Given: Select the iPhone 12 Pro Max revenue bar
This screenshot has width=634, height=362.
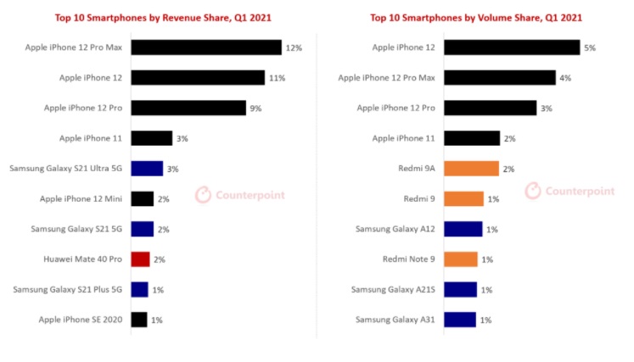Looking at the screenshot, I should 206,47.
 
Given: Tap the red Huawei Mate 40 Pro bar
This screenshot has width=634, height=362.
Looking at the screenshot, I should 141,259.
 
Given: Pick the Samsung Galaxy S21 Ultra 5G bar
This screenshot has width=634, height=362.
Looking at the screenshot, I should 147,169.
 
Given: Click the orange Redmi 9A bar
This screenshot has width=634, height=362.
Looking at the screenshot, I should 471,169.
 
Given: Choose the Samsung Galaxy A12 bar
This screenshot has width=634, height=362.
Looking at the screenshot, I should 463,229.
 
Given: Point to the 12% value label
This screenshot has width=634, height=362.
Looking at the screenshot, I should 294,47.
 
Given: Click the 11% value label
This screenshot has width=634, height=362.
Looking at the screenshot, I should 277,78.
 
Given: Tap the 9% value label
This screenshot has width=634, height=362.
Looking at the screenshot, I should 256,109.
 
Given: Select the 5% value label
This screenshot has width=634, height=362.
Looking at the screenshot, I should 589,47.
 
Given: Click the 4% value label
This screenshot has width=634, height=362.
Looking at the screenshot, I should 564,78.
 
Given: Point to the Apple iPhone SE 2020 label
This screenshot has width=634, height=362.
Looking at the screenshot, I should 81,320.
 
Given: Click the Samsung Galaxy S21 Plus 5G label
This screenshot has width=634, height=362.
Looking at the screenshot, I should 68,290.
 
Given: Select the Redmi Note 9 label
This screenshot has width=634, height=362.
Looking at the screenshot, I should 410,259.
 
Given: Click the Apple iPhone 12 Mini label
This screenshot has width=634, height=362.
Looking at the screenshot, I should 81,199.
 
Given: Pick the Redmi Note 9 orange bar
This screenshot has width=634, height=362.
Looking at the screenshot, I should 460,259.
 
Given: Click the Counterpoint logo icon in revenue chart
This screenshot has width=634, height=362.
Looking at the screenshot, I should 204,195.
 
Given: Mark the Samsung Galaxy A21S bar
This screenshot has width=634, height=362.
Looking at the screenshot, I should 460,290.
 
